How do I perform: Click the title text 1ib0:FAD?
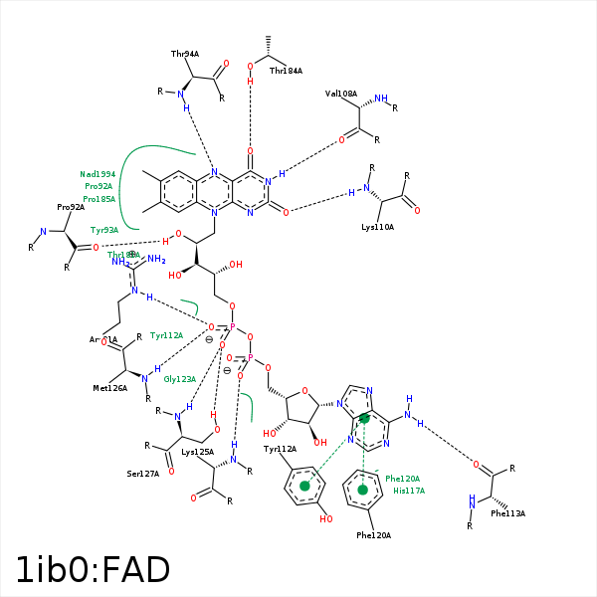click(93, 570)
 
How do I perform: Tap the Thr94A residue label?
click(185, 54)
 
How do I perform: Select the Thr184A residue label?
click(286, 71)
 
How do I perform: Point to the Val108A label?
click(340, 94)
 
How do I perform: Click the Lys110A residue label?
click(377, 227)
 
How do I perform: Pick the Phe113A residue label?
click(507, 513)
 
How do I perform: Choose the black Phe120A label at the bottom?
click(373, 535)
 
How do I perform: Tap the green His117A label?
click(409, 491)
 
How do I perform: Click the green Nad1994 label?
click(98, 174)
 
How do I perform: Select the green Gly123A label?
click(179, 379)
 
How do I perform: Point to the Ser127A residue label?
click(143, 474)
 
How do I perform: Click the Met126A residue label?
click(110, 388)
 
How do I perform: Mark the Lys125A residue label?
click(197, 452)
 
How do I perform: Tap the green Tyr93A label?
click(104, 230)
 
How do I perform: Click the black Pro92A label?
click(71, 207)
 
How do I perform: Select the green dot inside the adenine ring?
click(364, 419)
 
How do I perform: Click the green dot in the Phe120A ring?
click(362, 489)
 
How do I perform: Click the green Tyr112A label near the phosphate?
click(166, 335)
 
